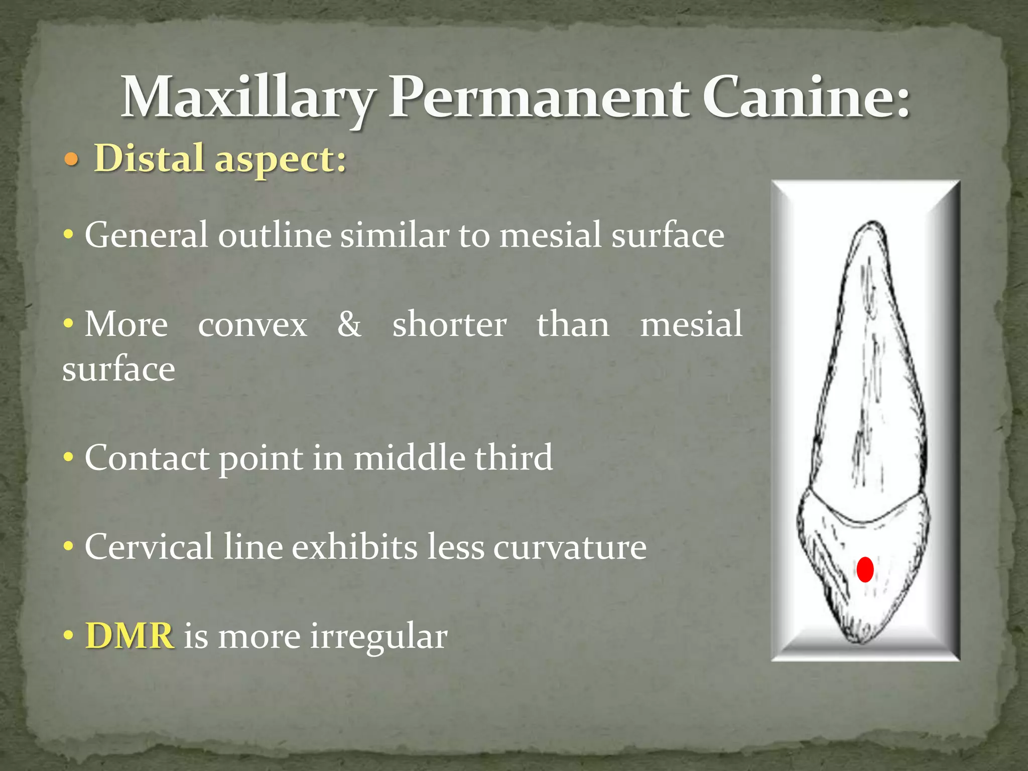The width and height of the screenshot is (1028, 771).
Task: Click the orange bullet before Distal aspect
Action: (x=72, y=160)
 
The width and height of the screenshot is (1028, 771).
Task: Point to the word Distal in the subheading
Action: (x=149, y=158)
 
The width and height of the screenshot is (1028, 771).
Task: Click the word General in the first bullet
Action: (x=146, y=235)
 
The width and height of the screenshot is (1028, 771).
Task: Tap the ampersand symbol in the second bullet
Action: (x=349, y=324)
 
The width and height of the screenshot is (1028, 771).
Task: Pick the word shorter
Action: (x=449, y=324)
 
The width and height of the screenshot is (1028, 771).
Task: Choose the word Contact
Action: (x=147, y=458)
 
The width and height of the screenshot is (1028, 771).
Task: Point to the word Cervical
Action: (x=149, y=547)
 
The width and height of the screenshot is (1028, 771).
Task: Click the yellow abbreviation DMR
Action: (x=130, y=636)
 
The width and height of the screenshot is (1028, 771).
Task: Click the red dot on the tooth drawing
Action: (x=865, y=570)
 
